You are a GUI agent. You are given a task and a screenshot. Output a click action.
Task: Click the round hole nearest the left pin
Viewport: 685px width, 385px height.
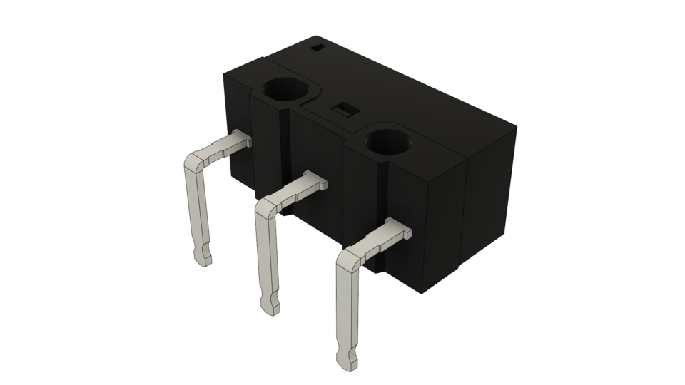click(288, 91)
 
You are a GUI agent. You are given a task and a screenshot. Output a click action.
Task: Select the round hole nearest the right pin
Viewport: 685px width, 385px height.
click(390, 141)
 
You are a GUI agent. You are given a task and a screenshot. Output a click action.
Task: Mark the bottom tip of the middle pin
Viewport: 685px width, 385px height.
click(272, 307)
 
